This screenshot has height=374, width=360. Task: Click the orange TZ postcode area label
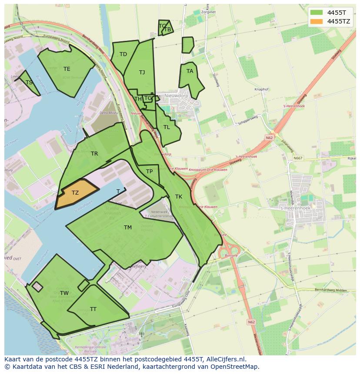click(75, 193)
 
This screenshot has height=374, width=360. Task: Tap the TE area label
click(67, 69)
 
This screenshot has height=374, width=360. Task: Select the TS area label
click(29, 83)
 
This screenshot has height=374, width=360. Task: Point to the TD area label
click(123, 54)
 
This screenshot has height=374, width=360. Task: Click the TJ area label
click(142, 73)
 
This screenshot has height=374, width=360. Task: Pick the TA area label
click(190, 71)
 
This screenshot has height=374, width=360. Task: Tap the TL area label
click(167, 127)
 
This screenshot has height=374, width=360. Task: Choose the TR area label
click(94, 154)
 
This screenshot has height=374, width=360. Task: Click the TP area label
click(149, 172)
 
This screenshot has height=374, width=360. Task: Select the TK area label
click(178, 197)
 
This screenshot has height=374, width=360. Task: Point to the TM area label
click(127, 228)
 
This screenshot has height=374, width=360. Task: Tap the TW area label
click(64, 293)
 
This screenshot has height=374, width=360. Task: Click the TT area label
click(93, 309)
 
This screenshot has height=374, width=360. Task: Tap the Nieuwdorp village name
click(175, 96)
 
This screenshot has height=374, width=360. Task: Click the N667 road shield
click(297, 158)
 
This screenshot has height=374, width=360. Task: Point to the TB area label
click(167, 30)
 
